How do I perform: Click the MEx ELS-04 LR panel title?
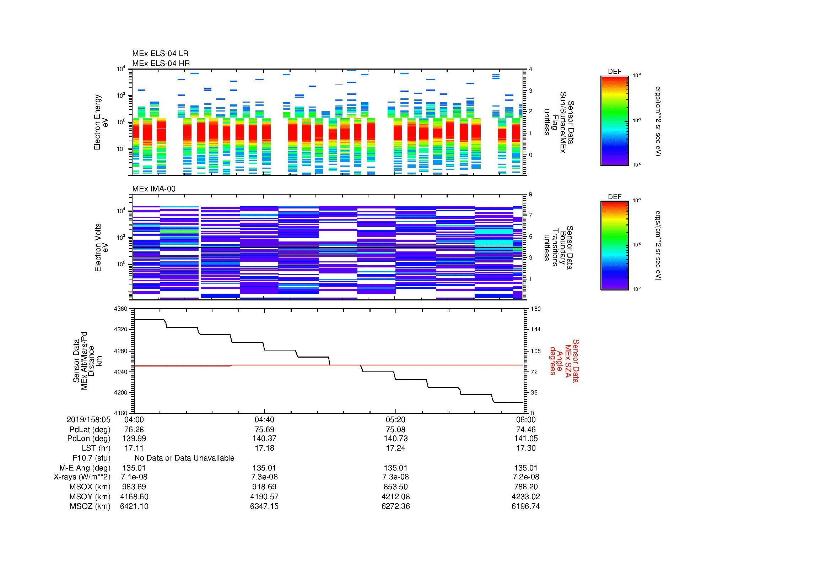pyautogui.click(x=160, y=54)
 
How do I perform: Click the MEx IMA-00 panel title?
pyautogui.click(x=153, y=189)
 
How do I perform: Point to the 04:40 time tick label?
pyautogui.click(x=264, y=419)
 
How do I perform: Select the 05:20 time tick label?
pyautogui.click(x=395, y=419)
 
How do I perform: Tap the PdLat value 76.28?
pyautogui.click(x=134, y=430)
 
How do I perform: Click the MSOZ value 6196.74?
pyautogui.click(x=525, y=506)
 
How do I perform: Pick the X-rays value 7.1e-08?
pyautogui.click(x=134, y=477)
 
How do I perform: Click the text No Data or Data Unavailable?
pyautogui.click(x=184, y=458)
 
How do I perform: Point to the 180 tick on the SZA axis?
pyautogui.click(x=536, y=309)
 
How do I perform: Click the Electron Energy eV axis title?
pyautogui.click(x=101, y=122)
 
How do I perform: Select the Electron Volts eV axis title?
pyautogui.click(x=101, y=248)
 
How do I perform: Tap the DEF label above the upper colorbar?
pyautogui.click(x=615, y=72)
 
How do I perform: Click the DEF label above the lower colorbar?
pyautogui.click(x=615, y=197)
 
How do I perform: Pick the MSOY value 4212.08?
pyautogui.click(x=395, y=496)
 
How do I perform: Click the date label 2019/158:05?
pyautogui.click(x=88, y=419)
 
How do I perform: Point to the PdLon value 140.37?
pyautogui.click(x=264, y=438)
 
